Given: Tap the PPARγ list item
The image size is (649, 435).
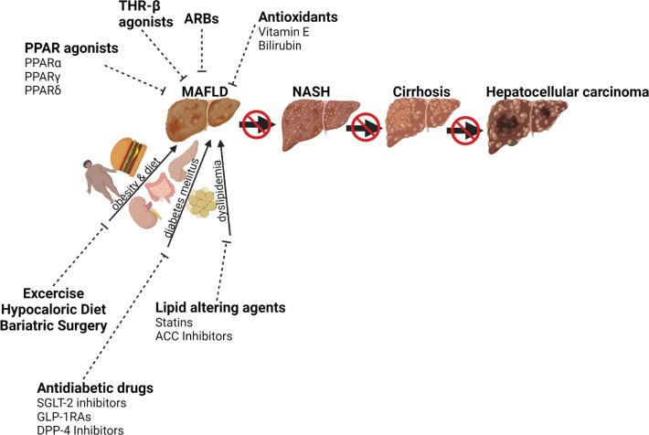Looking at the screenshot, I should (x=43, y=79).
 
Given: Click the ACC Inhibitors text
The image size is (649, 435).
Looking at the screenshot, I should (x=195, y=337).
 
